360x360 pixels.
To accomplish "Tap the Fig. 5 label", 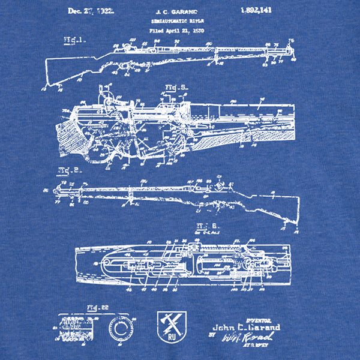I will point(176,88).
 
